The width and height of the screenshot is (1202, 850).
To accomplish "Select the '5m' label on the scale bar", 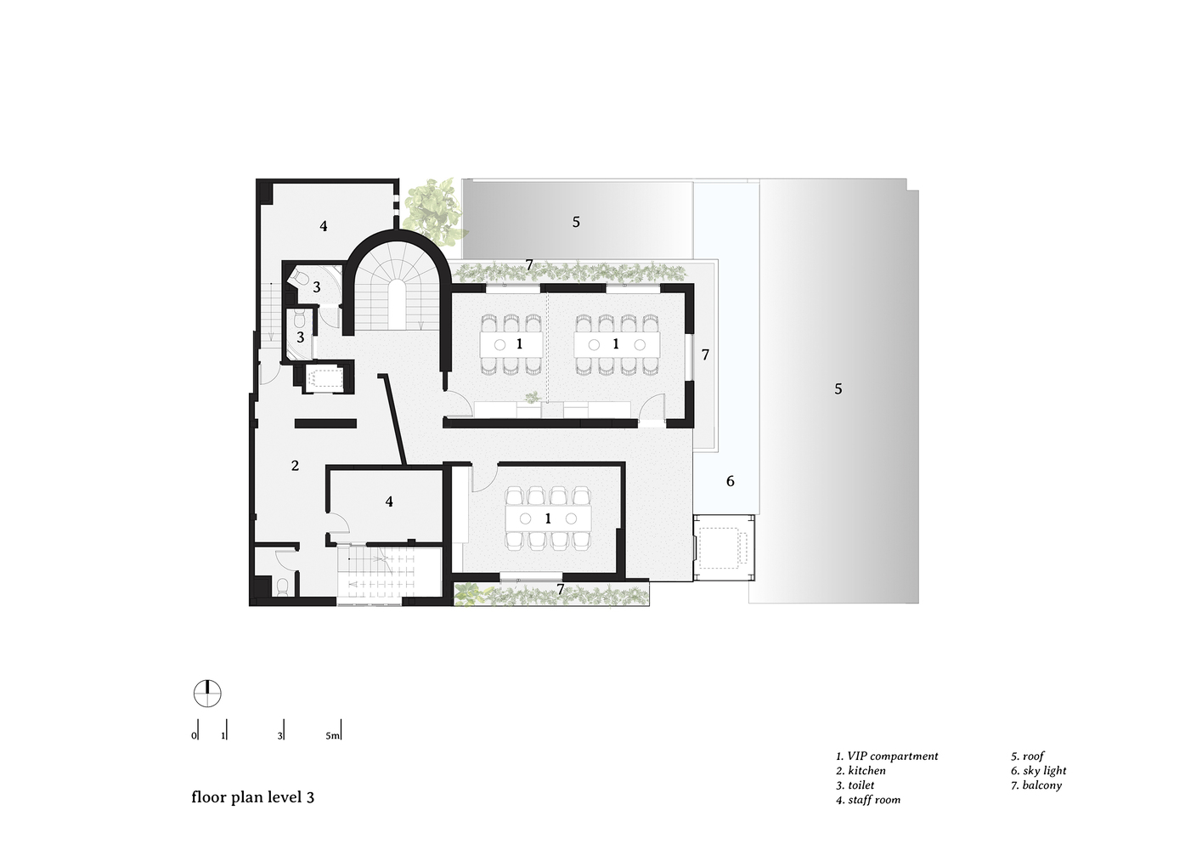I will [332, 735].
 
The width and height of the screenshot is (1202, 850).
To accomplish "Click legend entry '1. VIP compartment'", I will [887, 756].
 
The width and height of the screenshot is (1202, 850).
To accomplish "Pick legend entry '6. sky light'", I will [1038, 771].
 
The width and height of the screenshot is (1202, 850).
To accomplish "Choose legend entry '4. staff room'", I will [868, 800].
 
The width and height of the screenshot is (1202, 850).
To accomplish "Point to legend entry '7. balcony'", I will [1036, 785].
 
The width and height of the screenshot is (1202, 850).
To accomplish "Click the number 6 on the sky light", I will [730, 481].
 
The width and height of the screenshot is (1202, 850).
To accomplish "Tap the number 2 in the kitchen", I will [295, 466].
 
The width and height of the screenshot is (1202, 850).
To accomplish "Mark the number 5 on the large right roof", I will [838, 388].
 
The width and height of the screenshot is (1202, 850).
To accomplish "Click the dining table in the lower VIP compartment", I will [548, 518].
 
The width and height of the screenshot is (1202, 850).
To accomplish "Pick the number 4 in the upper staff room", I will [324, 225].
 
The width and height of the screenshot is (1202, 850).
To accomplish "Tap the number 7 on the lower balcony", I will [560, 588].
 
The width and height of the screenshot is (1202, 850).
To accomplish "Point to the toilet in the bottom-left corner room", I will [284, 586].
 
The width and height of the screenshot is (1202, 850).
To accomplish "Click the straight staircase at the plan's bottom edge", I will [370, 575].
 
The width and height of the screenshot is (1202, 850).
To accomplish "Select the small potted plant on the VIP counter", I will [532, 397].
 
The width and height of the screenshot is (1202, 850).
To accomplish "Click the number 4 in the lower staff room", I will [389, 501].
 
